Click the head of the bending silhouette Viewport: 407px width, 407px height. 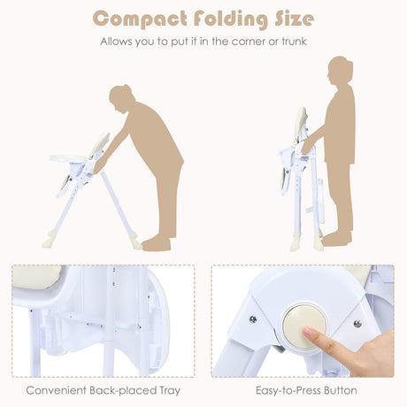point(119,96)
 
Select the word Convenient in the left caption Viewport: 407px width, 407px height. point(55,390)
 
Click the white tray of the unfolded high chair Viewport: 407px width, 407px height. point(68,158)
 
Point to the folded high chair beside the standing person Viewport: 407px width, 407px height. point(301,177)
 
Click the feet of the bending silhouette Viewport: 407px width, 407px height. point(157,242)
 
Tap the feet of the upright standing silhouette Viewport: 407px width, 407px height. point(335,238)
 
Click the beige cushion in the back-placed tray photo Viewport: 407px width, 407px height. point(35,280)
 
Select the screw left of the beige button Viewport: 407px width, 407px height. point(253,319)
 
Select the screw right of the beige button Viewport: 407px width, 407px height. point(357,324)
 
